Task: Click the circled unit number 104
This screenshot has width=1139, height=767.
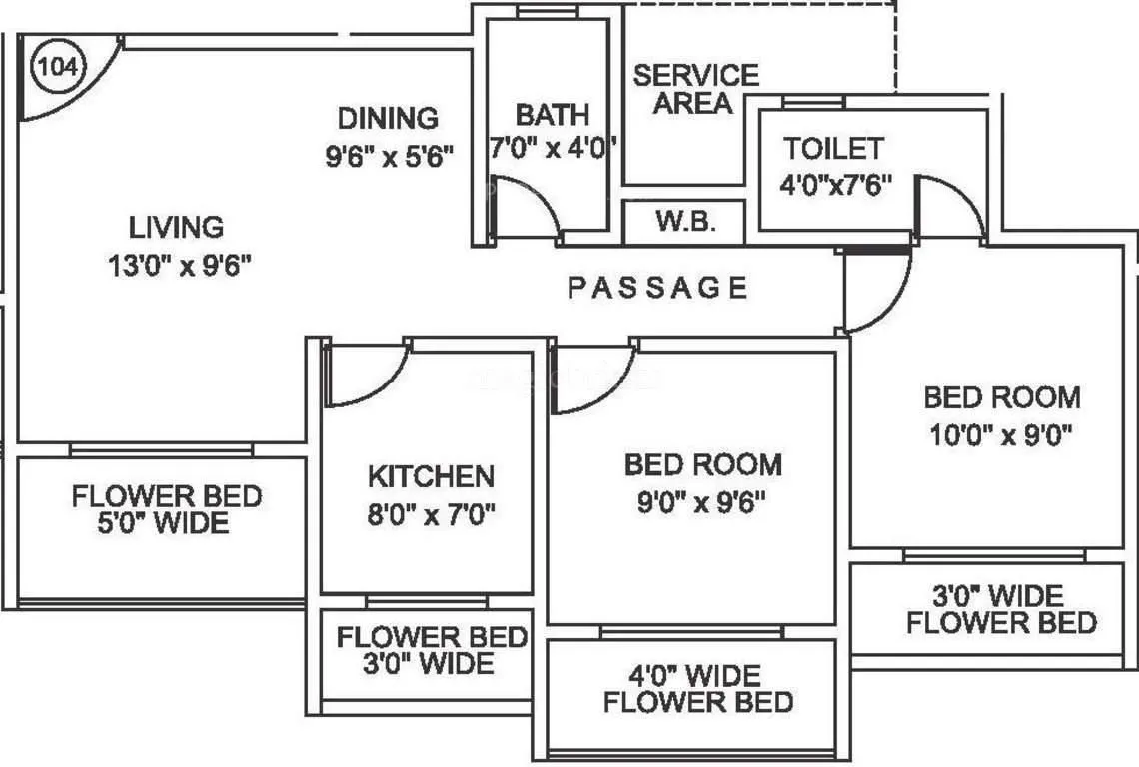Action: click(x=61, y=66)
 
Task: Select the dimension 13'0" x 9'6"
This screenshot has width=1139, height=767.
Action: click(x=179, y=266)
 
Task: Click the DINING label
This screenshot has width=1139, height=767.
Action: click(x=388, y=118)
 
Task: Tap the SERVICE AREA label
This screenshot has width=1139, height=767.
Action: click(x=696, y=89)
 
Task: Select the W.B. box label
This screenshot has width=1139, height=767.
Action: click(x=685, y=222)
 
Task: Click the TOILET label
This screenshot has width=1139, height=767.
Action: click(x=833, y=149)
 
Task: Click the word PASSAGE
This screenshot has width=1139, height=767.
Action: click(x=658, y=289)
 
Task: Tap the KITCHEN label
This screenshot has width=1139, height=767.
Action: click(x=431, y=476)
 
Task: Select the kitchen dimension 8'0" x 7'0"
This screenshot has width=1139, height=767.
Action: click(x=431, y=514)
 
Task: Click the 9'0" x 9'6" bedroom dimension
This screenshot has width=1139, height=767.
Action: click(x=702, y=502)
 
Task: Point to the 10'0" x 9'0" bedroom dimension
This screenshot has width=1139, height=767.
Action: click(x=1000, y=435)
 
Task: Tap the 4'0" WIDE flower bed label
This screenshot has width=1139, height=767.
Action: click(x=696, y=675)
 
